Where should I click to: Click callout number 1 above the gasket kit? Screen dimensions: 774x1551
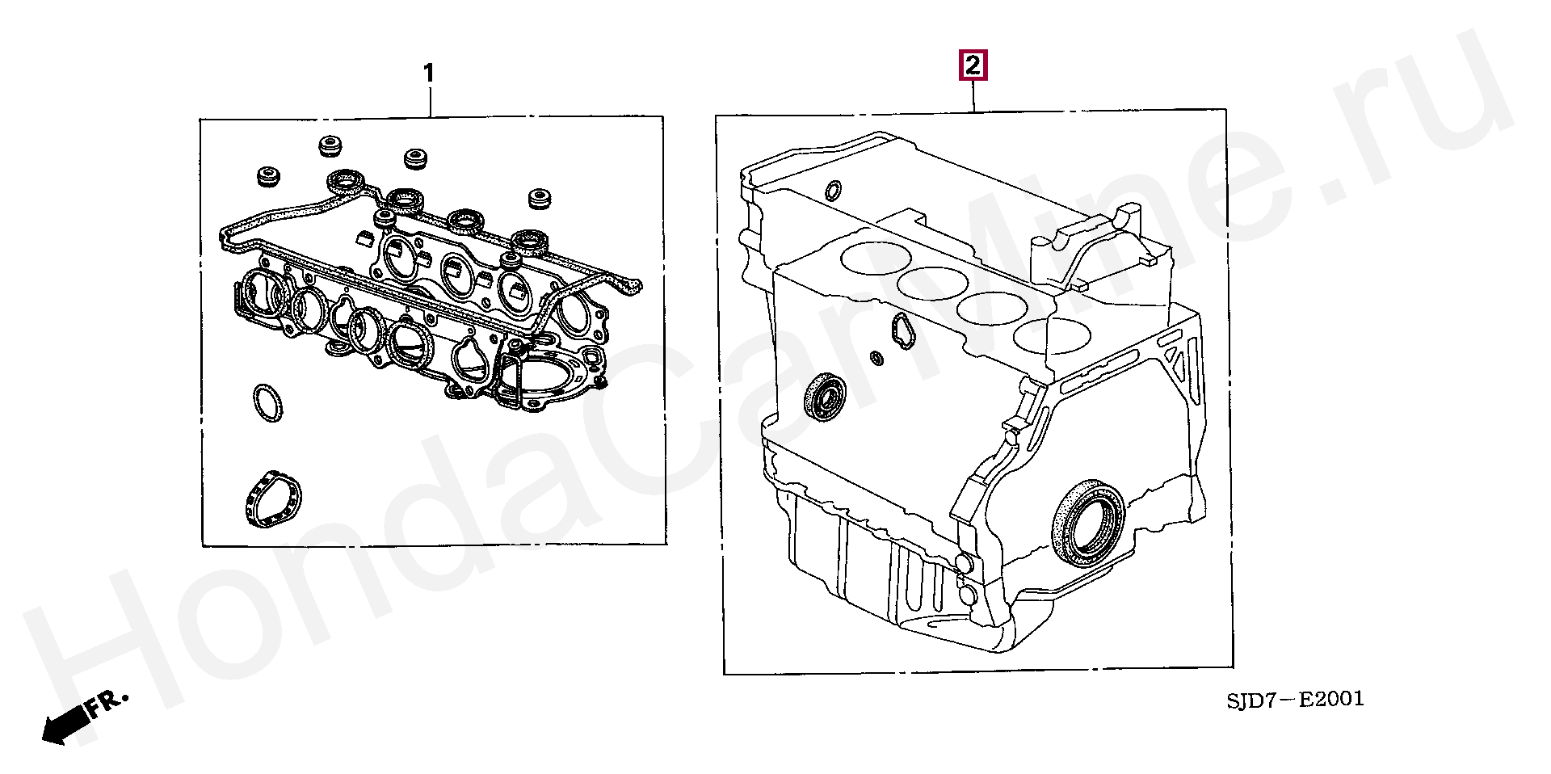[x=429, y=74]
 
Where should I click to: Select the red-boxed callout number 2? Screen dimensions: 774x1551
[x=973, y=65]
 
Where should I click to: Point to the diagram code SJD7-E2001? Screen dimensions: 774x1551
[x=1295, y=699]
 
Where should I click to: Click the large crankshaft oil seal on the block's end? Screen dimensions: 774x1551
[x=1088, y=523]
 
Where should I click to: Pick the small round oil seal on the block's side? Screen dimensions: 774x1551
[x=826, y=396]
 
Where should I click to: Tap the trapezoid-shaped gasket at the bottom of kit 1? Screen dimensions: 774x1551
[x=271, y=498]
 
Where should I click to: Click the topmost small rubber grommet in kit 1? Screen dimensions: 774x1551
[x=329, y=146]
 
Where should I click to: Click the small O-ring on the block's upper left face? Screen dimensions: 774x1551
[x=833, y=191]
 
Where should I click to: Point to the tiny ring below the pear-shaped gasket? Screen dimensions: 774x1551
[x=876, y=357]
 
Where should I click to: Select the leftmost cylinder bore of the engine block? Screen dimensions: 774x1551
[x=876, y=257]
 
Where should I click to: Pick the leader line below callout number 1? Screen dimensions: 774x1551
[x=430, y=102]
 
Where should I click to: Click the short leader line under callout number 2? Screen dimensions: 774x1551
[x=973, y=96]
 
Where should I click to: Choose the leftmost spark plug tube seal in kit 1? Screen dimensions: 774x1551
[x=345, y=181]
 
